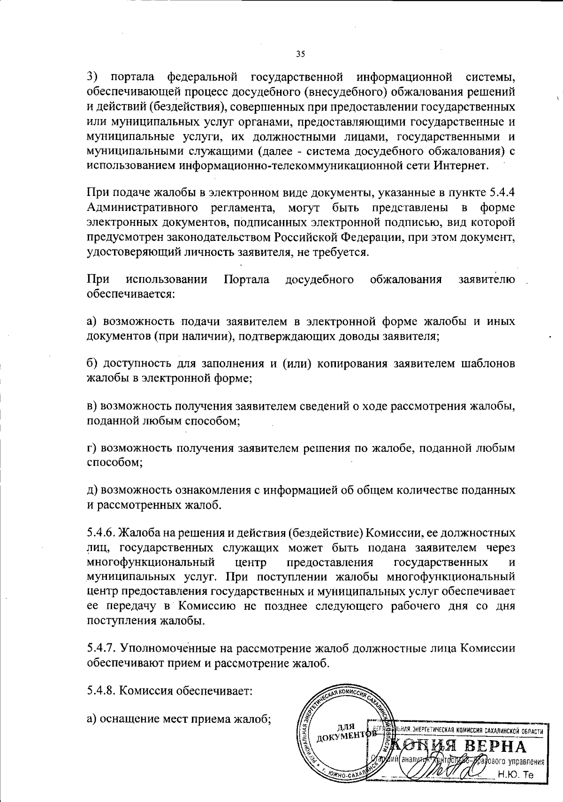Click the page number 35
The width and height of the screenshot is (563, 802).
click(x=301, y=54)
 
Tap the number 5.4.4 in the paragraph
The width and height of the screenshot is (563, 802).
click(x=502, y=193)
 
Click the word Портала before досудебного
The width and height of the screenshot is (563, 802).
click(x=247, y=280)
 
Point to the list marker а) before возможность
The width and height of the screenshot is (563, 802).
click(x=92, y=322)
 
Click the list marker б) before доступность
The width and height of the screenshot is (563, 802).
click(x=92, y=364)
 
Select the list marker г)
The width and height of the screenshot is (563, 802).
click(x=92, y=448)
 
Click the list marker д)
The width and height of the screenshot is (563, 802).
click(x=92, y=490)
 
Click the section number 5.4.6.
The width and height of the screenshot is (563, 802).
click(x=101, y=532)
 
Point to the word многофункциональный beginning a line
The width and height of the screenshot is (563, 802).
click(x=151, y=562)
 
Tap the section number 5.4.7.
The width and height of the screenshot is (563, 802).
click(x=101, y=649)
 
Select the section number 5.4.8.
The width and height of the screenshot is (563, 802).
click(x=101, y=691)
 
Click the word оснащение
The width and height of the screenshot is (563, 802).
click(x=136, y=719)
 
